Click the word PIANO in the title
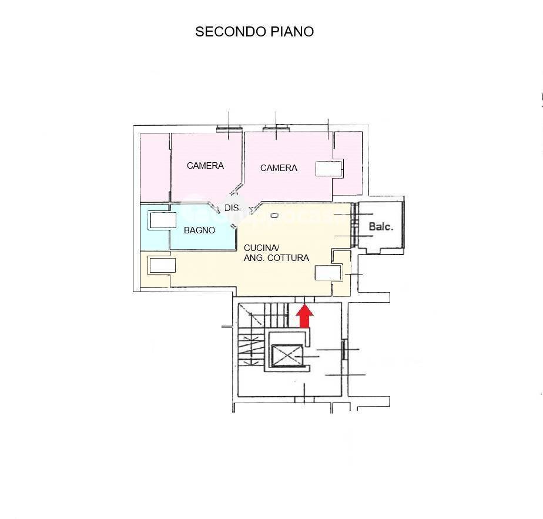pyautogui.click(x=292, y=32)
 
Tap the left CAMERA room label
pyautogui.click(x=205, y=166)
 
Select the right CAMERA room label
pyautogui.click(x=279, y=168)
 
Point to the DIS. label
pyautogui.click(x=232, y=208)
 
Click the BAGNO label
pyautogui.click(x=199, y=230)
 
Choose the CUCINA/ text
pyautogui.click(x=262, y=248)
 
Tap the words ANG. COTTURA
pyautogui.click(x=276, y=258)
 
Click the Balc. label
pyautogui.click(x=381, y=227)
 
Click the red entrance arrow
pyautogui.click(x=304, y=316)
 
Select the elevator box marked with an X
pyautogui.click(x=287, y=356)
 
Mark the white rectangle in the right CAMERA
pyautogui.click(x=329, y=169)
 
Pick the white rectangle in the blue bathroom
pyautogui.click(x=163, y=220)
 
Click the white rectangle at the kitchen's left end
pyautogui.click(x=162, y=266)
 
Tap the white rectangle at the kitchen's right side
pyautogui.click(x=328, y=273)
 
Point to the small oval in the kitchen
pyautogui.click(x=274, y=216)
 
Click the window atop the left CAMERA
pyautogui.click(x=229, y=129)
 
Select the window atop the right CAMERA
pyautogui.click(x=276, y=129)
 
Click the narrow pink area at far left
pyautogui.click(x=155, y=168)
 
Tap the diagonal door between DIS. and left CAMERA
pyautogui.click(x=236, y=189)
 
